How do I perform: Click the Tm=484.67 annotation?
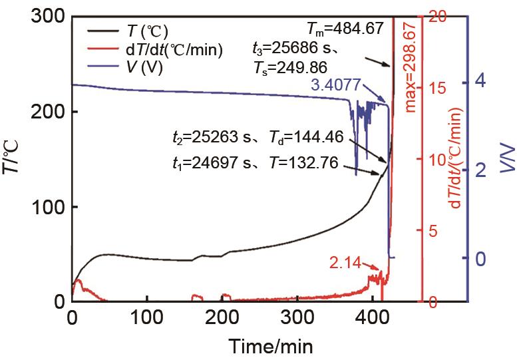point(345,29)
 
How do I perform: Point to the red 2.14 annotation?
point(345,263)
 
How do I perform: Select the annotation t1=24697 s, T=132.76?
point(259,161)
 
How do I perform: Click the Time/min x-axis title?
point(271,345)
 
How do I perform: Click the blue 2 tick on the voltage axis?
point(477,170)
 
